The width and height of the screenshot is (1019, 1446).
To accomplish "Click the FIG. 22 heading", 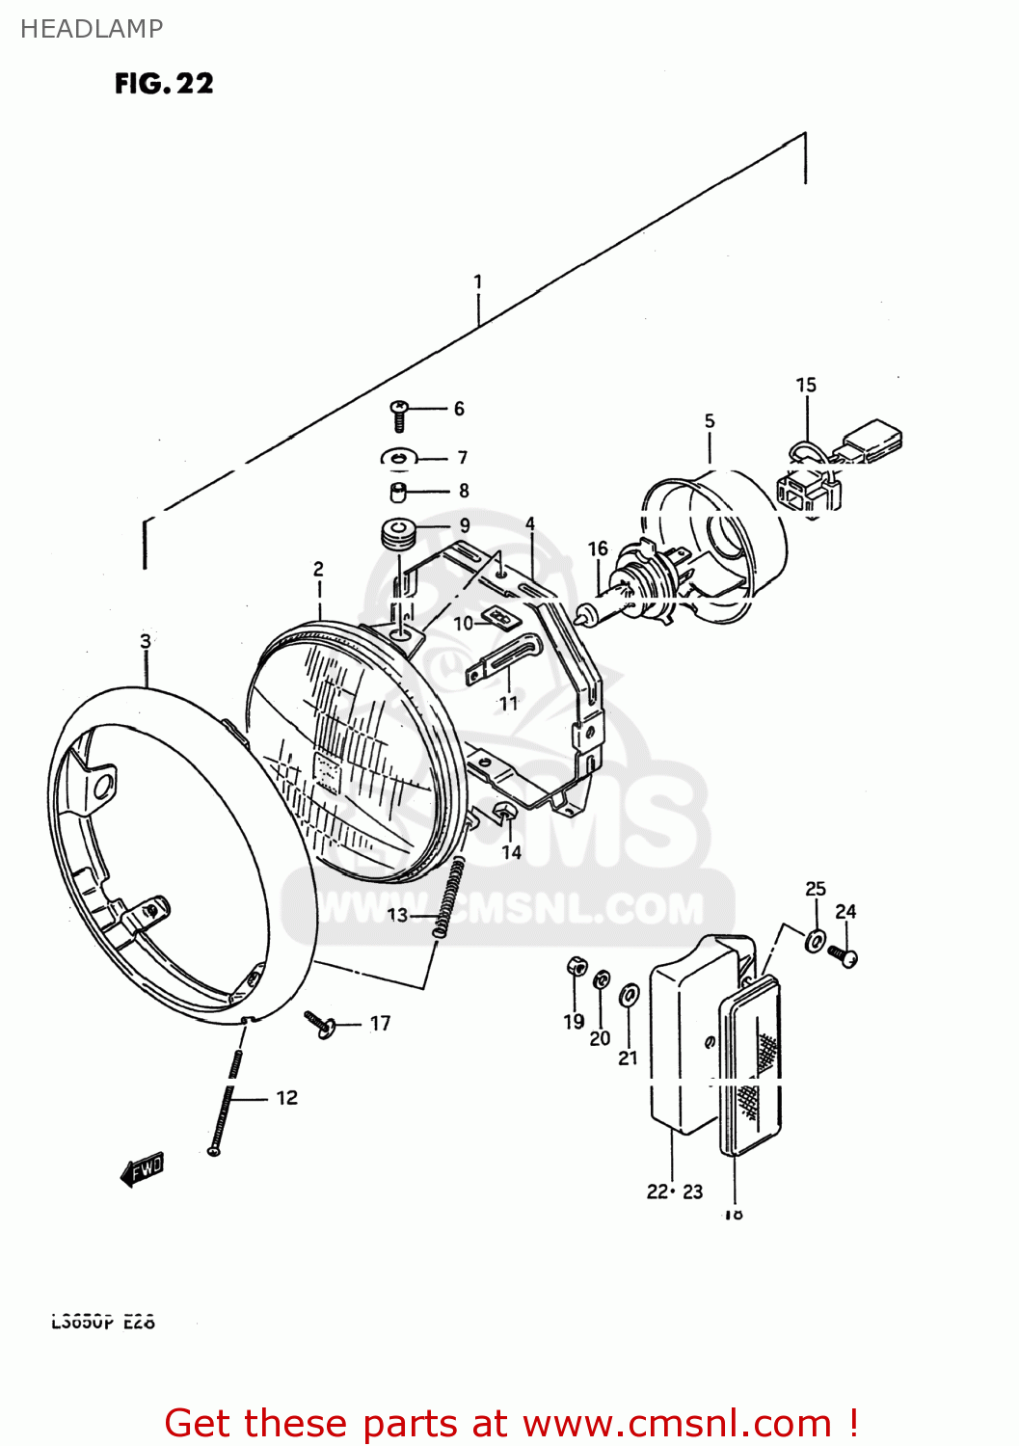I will coord(164,84).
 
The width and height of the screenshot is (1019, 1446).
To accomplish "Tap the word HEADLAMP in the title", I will coord(92,29).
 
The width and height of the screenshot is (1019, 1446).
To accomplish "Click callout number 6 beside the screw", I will coord(459,409).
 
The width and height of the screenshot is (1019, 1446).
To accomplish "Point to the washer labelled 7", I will coord(398,457).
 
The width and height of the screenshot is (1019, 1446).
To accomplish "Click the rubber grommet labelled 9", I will coord(397,533).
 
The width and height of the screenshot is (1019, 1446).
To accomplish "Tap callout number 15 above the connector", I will coord(806,385).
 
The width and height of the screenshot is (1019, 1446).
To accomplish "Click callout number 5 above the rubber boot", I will coord(710,420).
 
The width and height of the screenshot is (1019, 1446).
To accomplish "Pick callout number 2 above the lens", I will coord(318,569).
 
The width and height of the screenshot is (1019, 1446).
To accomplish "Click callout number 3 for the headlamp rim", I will coord(146,641).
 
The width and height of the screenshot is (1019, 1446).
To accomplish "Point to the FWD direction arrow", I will coord(143,1169).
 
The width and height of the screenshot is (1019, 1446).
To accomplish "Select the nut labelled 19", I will coord(577,964).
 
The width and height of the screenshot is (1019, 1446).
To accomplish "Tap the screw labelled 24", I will coord(845,957).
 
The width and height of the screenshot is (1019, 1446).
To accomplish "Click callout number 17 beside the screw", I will coord(381,1023).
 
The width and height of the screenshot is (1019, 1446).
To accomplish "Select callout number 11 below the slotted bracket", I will coord(508,704).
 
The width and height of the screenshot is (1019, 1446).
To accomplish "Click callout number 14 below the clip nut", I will coord(511,852).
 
